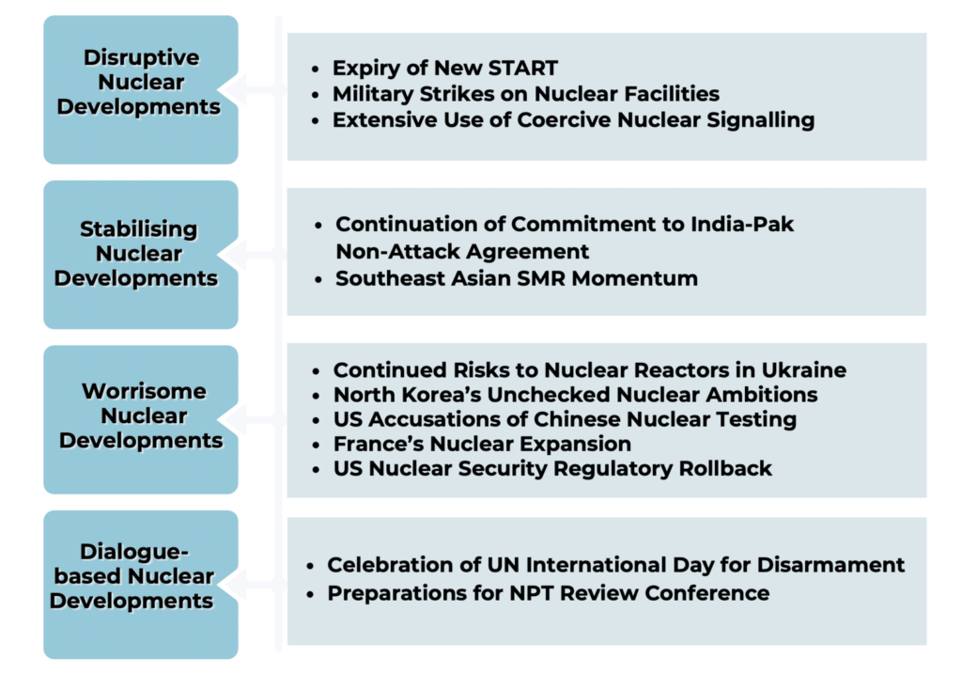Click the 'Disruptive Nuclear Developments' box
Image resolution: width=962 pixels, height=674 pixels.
[141, 89]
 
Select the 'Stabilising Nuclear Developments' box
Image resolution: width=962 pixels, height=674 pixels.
[141, 255]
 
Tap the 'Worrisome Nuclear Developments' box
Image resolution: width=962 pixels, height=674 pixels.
[141, 420]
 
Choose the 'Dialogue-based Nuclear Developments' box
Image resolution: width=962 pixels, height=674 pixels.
[141, 585]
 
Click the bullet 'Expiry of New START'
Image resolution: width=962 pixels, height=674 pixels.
[445, 68]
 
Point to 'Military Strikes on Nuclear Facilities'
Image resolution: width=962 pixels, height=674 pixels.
[526, 94]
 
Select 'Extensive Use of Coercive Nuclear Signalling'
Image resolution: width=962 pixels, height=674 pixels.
[574, 120]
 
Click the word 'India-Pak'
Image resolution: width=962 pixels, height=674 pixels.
[742, 224]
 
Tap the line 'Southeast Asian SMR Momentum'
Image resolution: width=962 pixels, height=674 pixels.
[517, 278]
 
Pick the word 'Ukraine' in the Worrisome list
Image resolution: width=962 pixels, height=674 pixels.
[804, 370]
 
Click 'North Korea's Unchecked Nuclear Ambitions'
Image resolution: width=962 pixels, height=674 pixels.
[576, 395]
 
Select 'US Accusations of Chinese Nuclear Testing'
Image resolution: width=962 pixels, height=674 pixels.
[565, 419]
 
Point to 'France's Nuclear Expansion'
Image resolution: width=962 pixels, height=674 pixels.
[482, 444]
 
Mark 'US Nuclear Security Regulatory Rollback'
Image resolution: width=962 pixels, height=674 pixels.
[552, 468]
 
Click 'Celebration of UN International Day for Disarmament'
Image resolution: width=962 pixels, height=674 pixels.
[616, 565]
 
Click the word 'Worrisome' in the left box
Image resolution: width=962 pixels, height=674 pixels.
[144, 391]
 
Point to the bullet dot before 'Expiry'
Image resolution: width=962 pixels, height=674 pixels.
[316, 69]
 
